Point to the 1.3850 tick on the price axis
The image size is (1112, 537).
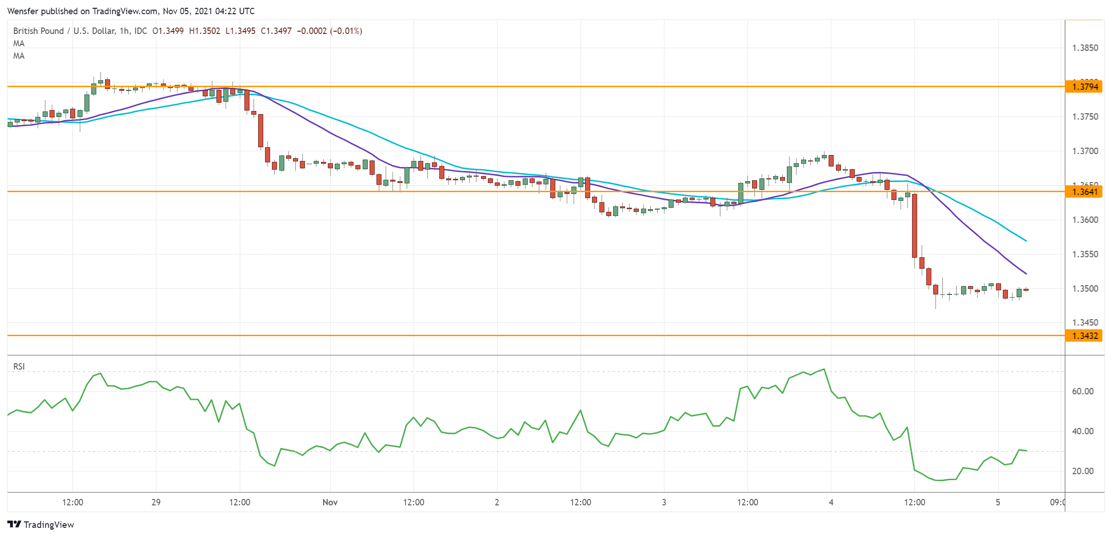(x=1085, y=48)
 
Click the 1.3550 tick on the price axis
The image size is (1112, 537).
(x=1085, y=254)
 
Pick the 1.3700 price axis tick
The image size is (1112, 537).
(x=1085, y=151)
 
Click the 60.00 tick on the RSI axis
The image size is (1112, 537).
(x=1083, y=391)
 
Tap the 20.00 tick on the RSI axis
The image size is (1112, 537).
(x=1083, y=471)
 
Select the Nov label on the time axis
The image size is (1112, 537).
(x=330, y=502)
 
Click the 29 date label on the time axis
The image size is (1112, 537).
(x=156, y=502)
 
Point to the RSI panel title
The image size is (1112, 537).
(x=19, y=366)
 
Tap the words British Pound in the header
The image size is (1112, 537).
(x=39, y=31)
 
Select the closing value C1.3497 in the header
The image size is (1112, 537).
(x=276, y=31)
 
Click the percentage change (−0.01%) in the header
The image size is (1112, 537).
(x=346, y=31)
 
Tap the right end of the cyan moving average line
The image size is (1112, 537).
(x=1026, y=241)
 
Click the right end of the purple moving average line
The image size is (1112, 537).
(x=1026, y=274)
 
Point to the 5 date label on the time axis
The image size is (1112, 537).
(x=998, y=502)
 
